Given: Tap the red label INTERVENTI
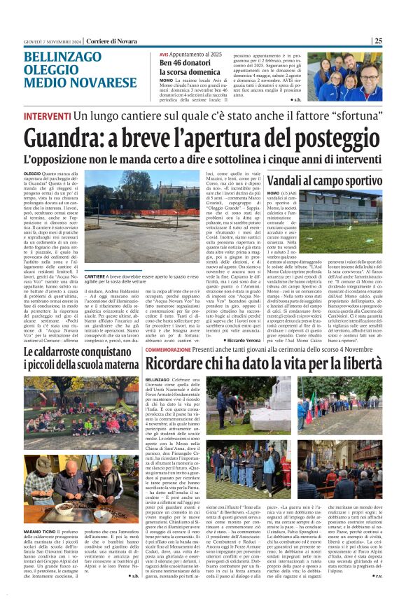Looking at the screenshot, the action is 46,115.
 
